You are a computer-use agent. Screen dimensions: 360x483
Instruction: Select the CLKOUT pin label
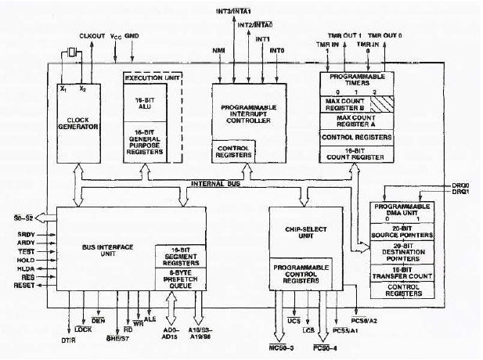pyautogui.click(x=92, y=36)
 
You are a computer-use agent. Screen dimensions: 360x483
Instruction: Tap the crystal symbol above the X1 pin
pyautogui.click(x=71, y=52)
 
